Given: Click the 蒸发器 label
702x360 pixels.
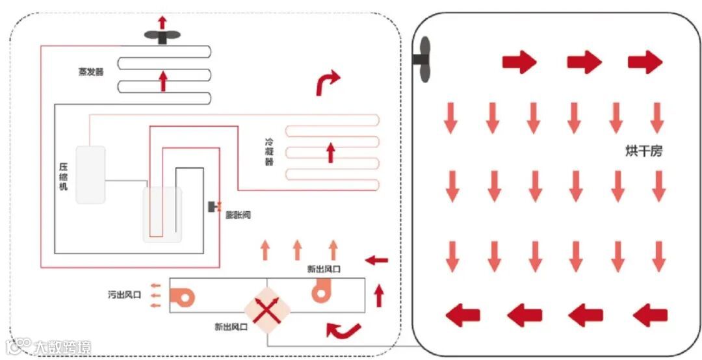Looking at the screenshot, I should [x=90, y=71].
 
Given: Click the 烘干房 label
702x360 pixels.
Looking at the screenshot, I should [x=643, y=151].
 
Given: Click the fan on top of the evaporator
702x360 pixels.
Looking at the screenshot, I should [x=162, y=38].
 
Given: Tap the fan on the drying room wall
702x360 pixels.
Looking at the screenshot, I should [x=422, y=59].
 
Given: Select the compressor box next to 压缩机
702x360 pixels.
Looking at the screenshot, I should [x=90, y=174].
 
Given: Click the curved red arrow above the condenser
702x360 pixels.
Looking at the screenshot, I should [x=327, y=83].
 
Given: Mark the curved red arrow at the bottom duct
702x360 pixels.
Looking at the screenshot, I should [x=343, y=330].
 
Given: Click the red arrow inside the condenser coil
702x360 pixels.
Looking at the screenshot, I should [x=330, y=153].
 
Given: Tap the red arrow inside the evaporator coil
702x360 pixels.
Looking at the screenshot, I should [x=163, y=81].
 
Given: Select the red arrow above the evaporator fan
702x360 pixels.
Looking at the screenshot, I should [x=162, y=22].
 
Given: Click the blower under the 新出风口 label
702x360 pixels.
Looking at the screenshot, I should [x=322, y=291].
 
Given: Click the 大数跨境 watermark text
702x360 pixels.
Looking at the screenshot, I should [x=62, y=347].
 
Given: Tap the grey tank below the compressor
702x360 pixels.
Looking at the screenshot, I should [x=162, y=214].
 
